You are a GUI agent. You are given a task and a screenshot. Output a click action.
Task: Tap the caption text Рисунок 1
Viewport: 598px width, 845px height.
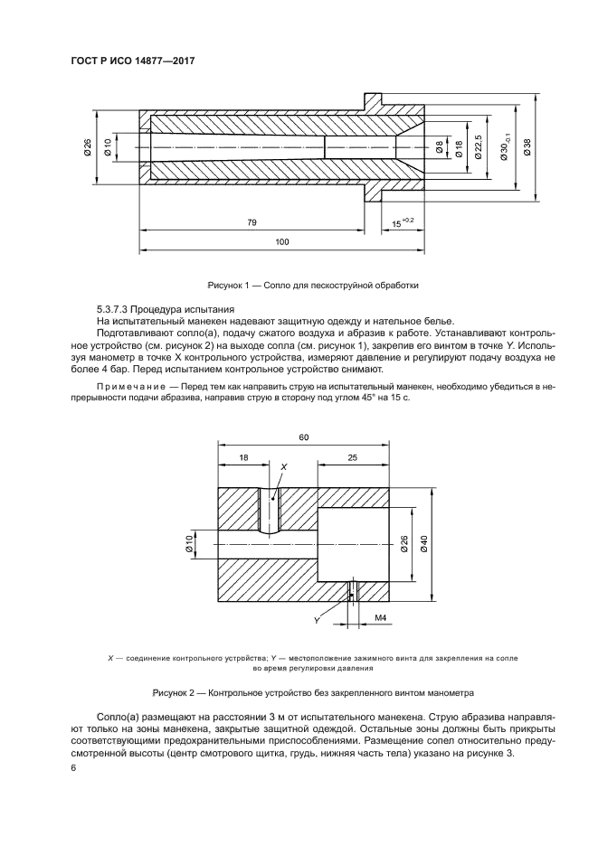230,285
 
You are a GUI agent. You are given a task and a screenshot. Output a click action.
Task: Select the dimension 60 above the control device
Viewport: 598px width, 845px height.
304,437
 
